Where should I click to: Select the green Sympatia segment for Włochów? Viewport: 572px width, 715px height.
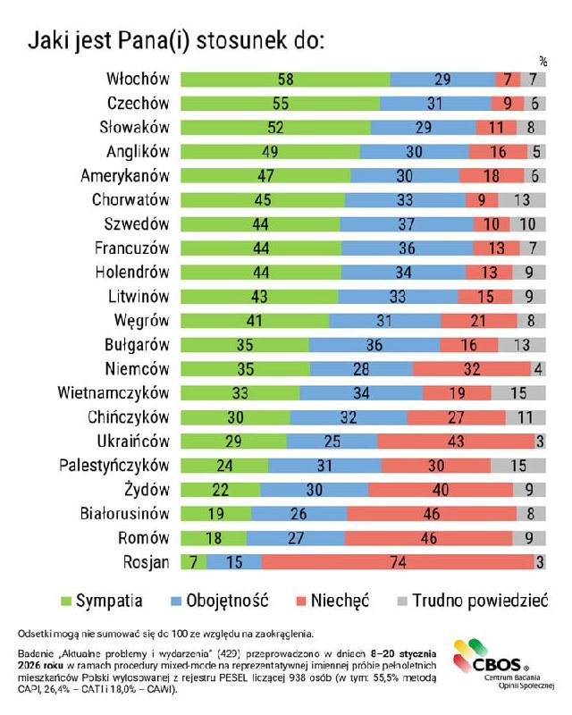tap(285, 80)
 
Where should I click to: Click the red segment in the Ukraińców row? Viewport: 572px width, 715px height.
tap(456, 442)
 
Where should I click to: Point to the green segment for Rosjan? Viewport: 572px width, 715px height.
tap(193, 562)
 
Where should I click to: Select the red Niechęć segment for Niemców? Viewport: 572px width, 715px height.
tap(472, 369)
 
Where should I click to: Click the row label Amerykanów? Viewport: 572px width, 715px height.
tap(126, 176)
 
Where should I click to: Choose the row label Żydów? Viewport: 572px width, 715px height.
tap(147, 490)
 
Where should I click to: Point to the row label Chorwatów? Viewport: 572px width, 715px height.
tap(130, 200)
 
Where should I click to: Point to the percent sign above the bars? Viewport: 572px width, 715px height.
tap(543, 62)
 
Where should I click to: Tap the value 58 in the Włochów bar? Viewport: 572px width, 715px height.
tap(285, 80)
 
